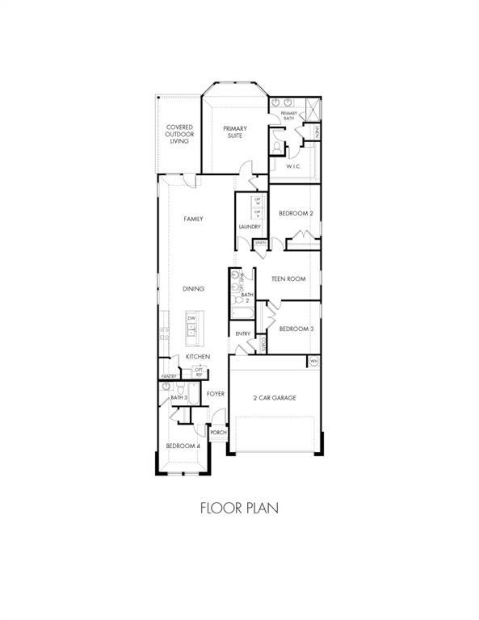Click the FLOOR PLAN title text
[x=239, y=509]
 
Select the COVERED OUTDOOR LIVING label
[x=179, y=134]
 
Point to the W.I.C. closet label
[x=294, y=166]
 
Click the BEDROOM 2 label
[x=296, y=213]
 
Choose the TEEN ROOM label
[x=288, y=279]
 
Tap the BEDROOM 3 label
[x=296, y=329]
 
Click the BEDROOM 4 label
[x=183, y=446]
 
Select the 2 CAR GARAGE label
[x=275, y=398]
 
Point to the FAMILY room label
[x=192, y=219]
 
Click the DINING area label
[x=192, y=288]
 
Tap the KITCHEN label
[x=198, y=356]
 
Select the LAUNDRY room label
[x=249, y=227]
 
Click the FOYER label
[x=215, y=394]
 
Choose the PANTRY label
[x=169, y=376]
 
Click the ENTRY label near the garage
[x=242, y=333]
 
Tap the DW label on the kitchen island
[x=192, y=319]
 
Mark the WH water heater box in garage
[x=313, y=361]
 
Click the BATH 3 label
[x=179, y=397]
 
